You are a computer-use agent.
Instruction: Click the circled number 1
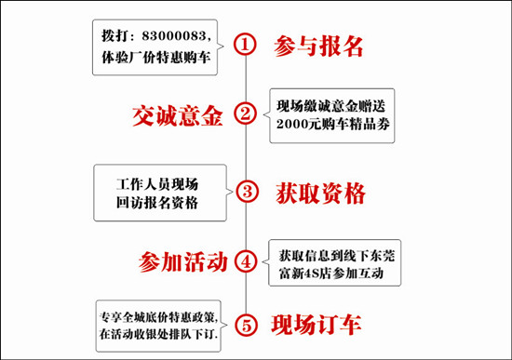245,44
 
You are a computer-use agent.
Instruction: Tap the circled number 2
245,113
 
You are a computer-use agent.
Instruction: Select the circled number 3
248,191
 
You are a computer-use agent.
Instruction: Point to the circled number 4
246,261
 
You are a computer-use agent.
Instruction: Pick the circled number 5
247,325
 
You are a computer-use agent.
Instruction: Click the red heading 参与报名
318,46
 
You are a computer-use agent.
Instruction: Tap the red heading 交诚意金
178,115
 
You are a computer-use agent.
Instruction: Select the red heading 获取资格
320,193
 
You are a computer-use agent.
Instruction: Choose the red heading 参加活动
182,261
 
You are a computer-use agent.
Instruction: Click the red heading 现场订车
317,325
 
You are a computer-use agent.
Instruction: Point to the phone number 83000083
174,35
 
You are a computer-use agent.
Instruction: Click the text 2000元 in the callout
298,124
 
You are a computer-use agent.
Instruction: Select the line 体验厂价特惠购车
155,57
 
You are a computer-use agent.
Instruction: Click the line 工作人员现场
157,184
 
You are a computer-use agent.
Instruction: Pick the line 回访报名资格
157,203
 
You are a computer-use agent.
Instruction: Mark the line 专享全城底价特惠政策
157,317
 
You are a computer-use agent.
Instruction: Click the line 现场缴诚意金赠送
331,106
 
